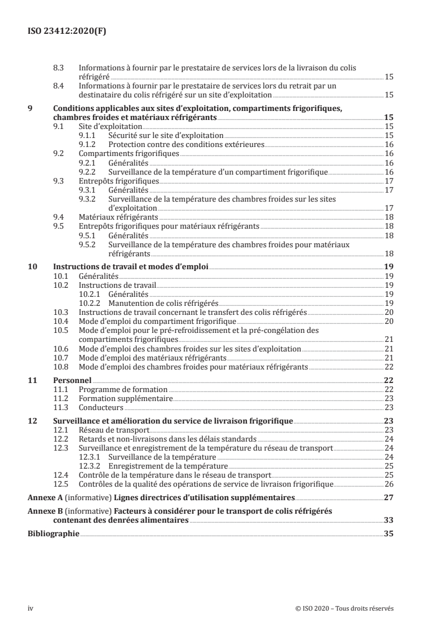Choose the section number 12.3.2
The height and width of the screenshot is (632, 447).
pos(90,466)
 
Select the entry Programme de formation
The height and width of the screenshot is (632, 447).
pos(123,389)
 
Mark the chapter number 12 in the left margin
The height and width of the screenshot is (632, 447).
pos(32,421)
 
